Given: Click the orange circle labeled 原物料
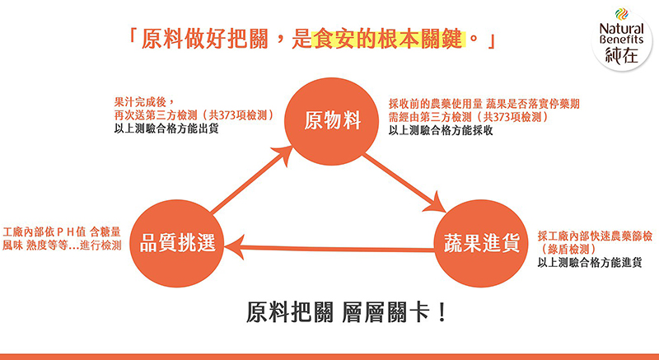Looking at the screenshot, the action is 331,121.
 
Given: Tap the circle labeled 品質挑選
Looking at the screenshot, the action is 177,243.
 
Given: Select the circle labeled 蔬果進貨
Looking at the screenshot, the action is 481,243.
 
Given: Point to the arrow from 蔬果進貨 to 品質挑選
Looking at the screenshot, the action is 329,248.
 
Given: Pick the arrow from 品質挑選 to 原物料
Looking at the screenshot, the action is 252,180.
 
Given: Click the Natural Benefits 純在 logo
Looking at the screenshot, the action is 622,39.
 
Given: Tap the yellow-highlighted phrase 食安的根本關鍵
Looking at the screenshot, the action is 389,40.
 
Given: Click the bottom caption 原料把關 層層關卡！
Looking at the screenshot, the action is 346,313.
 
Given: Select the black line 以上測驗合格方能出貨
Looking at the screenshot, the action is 166,129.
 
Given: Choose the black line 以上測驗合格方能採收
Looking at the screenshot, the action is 441,131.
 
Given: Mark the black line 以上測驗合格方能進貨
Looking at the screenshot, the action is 590,263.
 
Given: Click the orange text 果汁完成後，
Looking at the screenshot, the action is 143,101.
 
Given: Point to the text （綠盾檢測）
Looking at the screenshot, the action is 568,250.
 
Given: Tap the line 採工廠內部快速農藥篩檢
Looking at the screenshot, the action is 595,236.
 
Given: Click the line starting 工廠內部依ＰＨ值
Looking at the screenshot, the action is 62,231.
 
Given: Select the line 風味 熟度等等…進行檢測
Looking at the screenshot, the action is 62,245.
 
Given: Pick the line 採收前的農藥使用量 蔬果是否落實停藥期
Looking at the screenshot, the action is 484,104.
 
